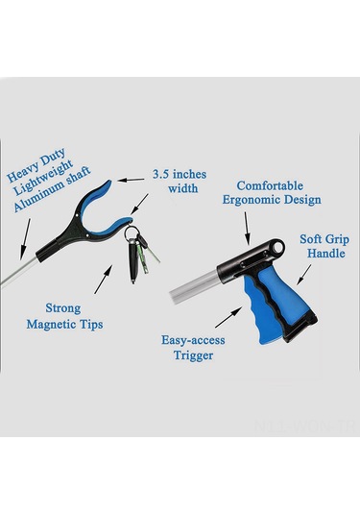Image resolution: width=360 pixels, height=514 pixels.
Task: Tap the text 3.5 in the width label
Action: [161, 174]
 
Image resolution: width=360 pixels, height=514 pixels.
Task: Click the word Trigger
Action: [193, 355]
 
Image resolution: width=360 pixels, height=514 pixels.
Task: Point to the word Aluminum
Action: [36, 197]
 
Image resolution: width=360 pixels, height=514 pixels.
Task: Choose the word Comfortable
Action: [270, 185]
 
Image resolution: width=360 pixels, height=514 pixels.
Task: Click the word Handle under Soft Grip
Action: [326, 254]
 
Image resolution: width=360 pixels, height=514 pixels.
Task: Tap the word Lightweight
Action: [43, 178]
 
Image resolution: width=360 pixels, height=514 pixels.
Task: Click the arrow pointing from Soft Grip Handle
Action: [304, 275]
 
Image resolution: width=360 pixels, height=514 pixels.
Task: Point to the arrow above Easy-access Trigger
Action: [228, 317]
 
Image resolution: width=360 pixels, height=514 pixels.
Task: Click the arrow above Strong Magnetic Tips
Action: [103, 279]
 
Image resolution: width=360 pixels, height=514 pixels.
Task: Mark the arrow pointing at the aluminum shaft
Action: [25, 239]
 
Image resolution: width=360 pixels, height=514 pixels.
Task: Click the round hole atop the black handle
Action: [277, 248]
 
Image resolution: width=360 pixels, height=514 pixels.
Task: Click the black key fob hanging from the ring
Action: [132, 261]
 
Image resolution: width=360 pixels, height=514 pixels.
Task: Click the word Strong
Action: [63, 308]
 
